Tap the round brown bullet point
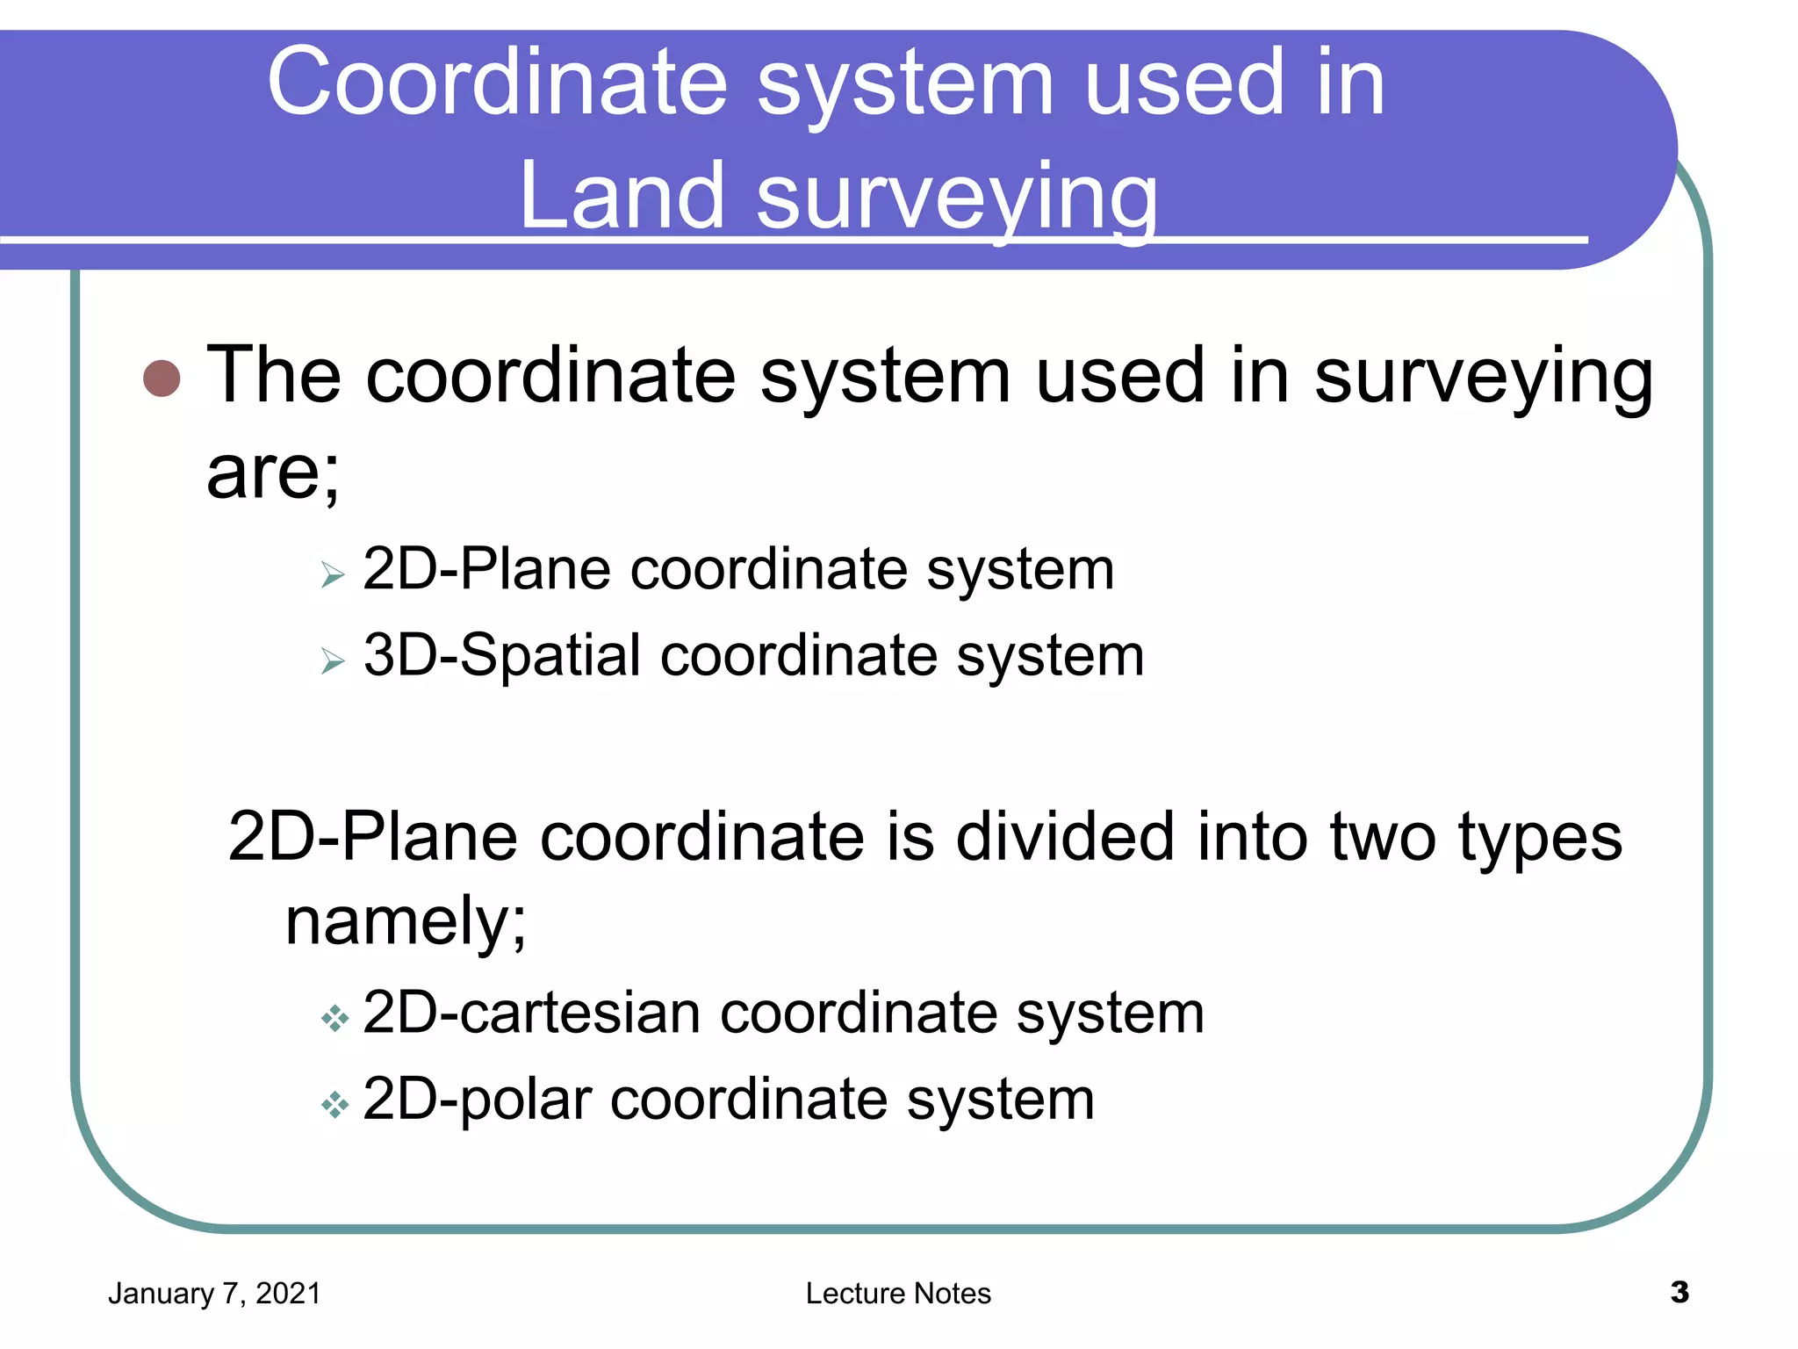[162, 379]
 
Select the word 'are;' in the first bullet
[272, 473]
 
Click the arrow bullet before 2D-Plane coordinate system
[332, 575]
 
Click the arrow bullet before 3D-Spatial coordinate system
[332, 660]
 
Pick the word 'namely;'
[406, 922]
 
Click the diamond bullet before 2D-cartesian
[334, 1019]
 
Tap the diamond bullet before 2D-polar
[334, 1104]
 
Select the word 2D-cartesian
[530, 1013]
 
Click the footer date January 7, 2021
[214, 1294]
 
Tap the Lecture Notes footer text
[898, 1294]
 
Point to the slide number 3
[1679, 1292]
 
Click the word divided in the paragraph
[1064, 836]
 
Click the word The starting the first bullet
[273, 375]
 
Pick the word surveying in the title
[957, 198]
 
